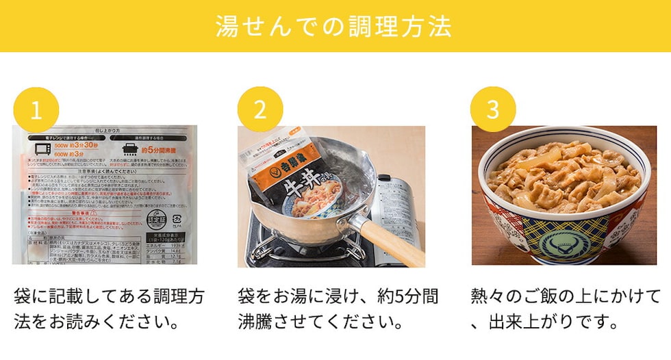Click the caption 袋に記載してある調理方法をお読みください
coord(110,308)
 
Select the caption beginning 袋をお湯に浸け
coord(339,308)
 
